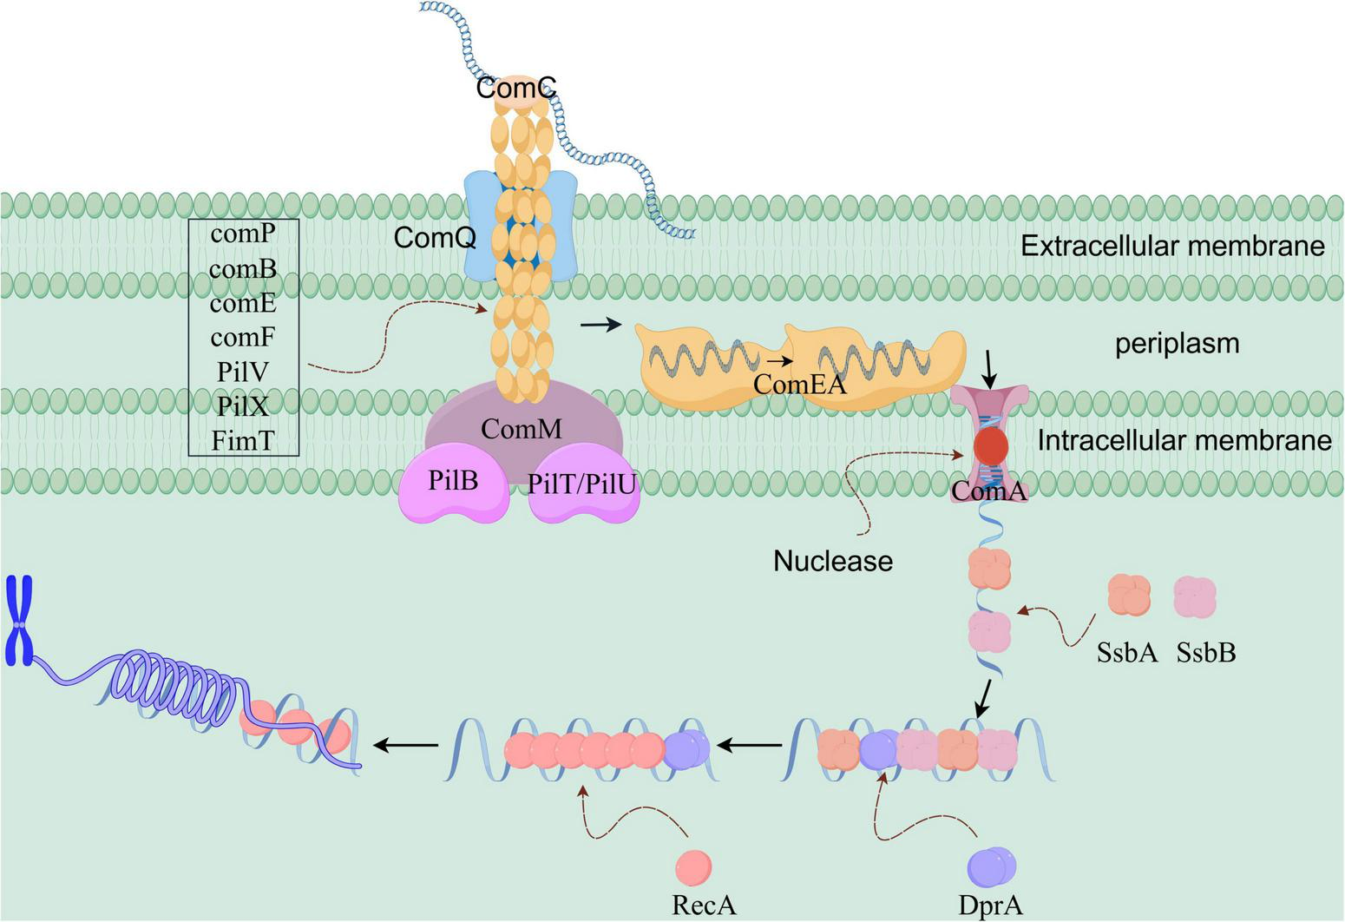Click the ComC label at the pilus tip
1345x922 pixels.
[515, 88]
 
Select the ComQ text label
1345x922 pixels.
[435, 237]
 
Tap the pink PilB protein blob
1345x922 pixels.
[455, 482]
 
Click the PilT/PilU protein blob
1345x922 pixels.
[583, 486]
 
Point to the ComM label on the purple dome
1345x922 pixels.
[522, 428]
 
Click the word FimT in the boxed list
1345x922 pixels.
[243, 441]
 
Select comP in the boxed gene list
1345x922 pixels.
[243, 234]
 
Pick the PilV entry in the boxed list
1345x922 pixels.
[243, 372]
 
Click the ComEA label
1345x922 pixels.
[799, 384]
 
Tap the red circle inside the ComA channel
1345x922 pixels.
[990, 446]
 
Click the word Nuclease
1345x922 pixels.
[833, 561]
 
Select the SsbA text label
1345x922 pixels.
[1127, 652]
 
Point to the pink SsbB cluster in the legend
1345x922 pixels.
[1195, 598]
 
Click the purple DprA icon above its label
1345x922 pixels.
[991, 866]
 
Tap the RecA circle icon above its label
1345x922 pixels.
[693, 866]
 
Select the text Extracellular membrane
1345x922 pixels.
[1171, 246]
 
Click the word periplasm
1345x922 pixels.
[1177, 344]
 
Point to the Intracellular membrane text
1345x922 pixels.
[1184, 440]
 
